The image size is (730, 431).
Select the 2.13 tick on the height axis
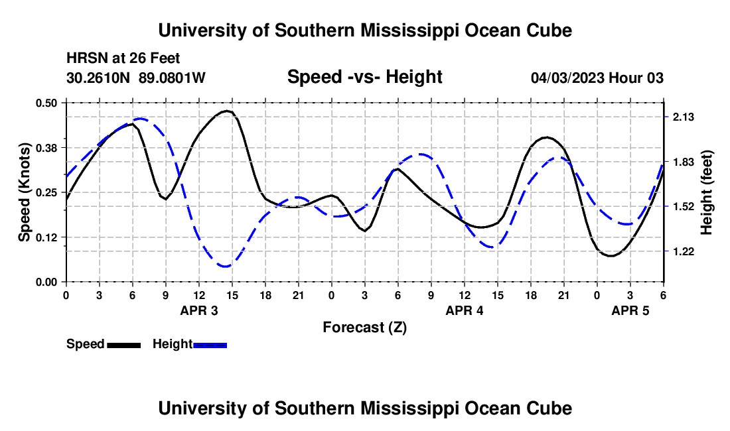683,117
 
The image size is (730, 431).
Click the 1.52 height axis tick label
683,206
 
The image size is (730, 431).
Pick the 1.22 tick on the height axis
683,251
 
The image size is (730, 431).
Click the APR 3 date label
199,310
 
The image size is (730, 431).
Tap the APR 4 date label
465,310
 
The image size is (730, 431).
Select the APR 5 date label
630,310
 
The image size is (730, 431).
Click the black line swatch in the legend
123,345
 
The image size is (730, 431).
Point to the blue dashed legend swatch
210,345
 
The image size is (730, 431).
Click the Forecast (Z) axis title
364,327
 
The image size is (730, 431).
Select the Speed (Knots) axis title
24,192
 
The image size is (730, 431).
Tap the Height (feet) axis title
706,192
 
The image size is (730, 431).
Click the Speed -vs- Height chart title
364,77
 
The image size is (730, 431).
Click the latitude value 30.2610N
100,78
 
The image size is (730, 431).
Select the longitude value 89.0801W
173,78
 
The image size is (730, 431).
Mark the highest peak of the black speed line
227,111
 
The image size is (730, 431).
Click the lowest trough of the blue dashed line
226,267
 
